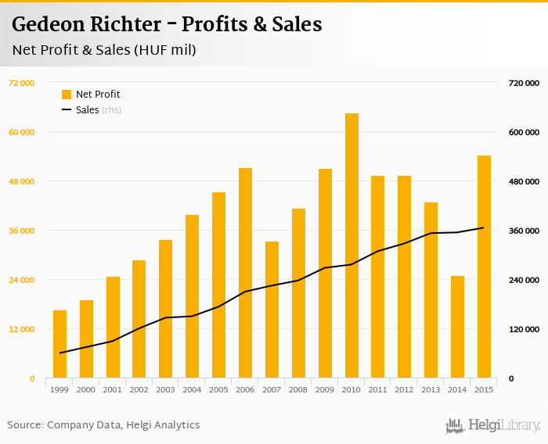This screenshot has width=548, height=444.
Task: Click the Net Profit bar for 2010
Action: (x=352, y=245)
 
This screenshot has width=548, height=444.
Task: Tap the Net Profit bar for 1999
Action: (x=59, y=344)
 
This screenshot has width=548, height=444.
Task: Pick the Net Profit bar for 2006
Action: (x=245, y=273)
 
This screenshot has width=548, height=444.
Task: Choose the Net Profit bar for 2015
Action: (x=484, y=267)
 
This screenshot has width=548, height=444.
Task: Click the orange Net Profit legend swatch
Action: (x=67, y=95)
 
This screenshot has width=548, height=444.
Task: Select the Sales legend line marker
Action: (x=67, y=110)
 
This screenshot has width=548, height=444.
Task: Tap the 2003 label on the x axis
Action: (x=165, y=389)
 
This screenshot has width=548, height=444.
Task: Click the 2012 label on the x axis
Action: (x=404, y=389)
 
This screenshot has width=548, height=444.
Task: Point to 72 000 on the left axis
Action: (x=21, y=83)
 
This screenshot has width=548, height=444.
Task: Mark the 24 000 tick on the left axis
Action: (x=21, y=280)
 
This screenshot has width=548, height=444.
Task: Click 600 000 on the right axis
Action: (x=523, y=132)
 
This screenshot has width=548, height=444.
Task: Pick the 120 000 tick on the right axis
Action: (x=523, y=329)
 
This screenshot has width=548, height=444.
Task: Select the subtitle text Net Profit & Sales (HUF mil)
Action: (x=104, y=51)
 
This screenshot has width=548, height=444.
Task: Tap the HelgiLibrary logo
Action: (x=492, y=425)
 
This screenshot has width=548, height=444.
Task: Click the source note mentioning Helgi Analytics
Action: (x=103, y=425)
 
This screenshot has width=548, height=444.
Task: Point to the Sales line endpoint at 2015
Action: (x=484, y=227)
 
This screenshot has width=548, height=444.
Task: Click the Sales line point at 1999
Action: (x=59, y=353)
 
